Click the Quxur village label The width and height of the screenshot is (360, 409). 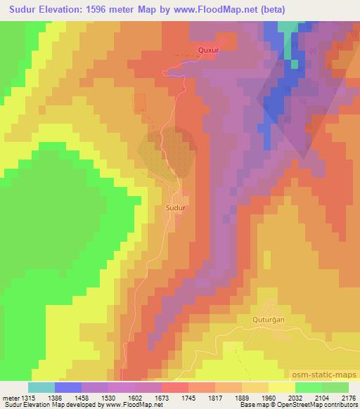(210, 51)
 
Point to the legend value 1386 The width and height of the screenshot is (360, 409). (56, 397)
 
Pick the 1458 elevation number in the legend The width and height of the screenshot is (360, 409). (82, 397)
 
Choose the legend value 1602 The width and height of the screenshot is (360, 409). (136, 397)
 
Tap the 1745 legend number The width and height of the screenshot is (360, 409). (189, 397)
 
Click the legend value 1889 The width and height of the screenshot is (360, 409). (243, 397)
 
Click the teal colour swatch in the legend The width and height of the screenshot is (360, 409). (41, 387)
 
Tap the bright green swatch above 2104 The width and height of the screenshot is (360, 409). (309, 387)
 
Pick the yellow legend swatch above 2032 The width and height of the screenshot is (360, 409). (282, 387)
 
